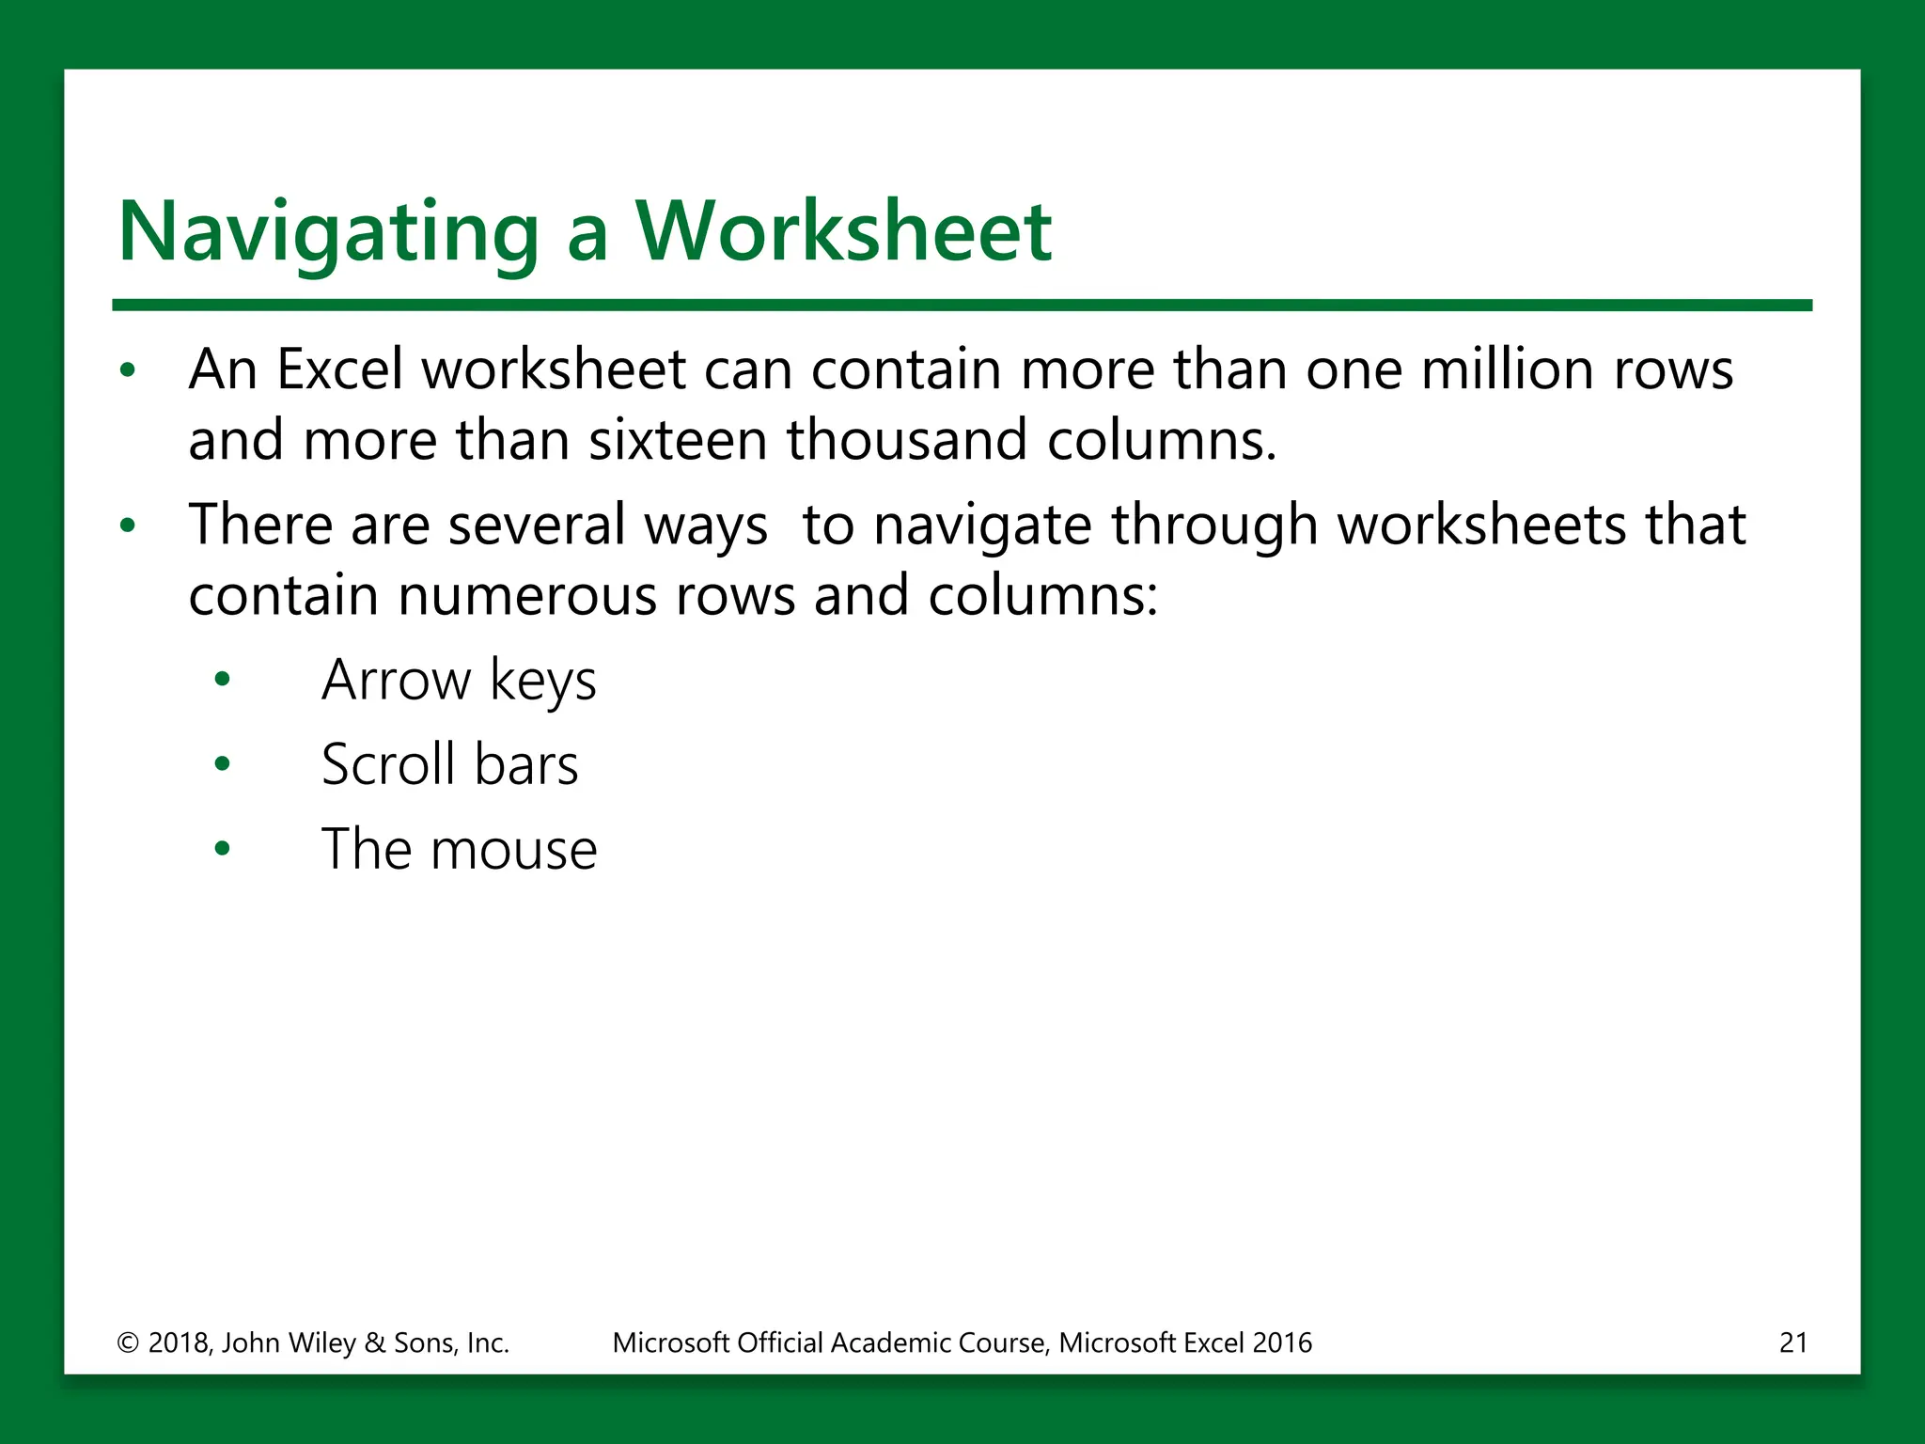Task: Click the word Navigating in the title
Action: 328,232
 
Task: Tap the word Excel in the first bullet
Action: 339,369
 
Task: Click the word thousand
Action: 907,440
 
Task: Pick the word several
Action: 537,525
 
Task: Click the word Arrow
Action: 396,680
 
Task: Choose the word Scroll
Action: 387,764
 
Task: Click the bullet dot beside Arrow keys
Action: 222,680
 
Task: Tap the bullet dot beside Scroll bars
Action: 222,764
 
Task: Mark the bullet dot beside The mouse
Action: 222,850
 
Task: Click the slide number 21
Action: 1793,1342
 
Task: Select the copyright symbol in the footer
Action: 127,1342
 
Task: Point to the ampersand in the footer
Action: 375,1342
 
